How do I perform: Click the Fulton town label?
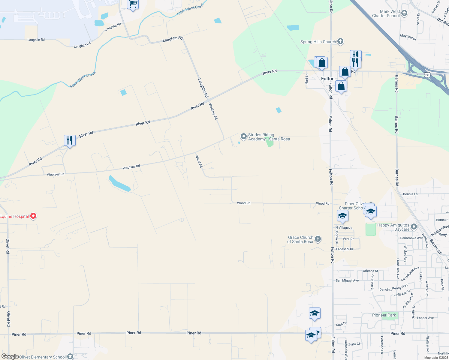(x=327, y=79)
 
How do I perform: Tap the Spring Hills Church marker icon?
(x=340, y=41)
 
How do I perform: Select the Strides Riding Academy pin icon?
(x=243, y=136)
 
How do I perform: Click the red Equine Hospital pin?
(x=33, y=216)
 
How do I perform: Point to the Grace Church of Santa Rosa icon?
(x=318, y=239)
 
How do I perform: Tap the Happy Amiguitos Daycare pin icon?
(x=414, y=227)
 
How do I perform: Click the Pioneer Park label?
(x=384, y=315)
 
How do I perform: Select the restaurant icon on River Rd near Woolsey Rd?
(x=70, y=140)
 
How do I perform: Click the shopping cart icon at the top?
(x=133, y=4)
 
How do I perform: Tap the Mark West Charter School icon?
(x=404, y=13)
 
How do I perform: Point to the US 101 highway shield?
(x=427, y=74)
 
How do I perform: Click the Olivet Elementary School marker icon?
(x=70, y=356)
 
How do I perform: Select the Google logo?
(x=10, y=356)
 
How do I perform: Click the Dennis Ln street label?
(x=410, y=194)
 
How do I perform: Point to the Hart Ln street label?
(x=306, y=79)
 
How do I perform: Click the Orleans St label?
(x=370, y=271)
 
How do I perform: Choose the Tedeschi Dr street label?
(x=344, y=249)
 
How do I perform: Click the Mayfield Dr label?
(x=408, y=37)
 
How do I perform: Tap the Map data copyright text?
(x=436, y=358)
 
